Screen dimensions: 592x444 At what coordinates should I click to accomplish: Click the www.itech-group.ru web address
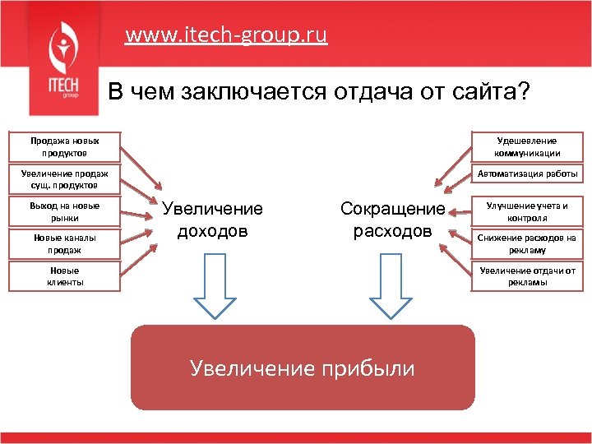(226, 35)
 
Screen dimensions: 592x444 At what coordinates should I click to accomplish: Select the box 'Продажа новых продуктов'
(64, 147)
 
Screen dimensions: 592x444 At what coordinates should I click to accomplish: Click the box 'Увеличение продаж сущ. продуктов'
(64, 178)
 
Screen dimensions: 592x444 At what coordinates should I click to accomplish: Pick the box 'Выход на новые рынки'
(64, 211)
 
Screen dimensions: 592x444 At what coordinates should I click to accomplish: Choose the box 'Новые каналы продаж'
(64, 243)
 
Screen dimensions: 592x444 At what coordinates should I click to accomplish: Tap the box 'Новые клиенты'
(64, 275)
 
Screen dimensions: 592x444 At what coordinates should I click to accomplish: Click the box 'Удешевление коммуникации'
(527, 146)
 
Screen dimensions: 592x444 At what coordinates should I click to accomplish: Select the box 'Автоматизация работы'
(527, 173)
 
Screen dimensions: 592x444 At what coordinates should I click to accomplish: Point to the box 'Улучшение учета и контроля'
(527, 210)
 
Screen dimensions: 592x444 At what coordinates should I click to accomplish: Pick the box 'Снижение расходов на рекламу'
(527, 243)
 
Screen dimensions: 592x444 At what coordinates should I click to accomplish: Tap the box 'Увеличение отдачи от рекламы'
(527, 275)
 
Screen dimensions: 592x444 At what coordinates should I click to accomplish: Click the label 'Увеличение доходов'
(213, 220)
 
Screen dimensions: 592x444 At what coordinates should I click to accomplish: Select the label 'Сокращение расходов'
(392, 220)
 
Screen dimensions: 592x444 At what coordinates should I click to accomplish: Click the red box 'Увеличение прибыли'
(303, 368)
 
